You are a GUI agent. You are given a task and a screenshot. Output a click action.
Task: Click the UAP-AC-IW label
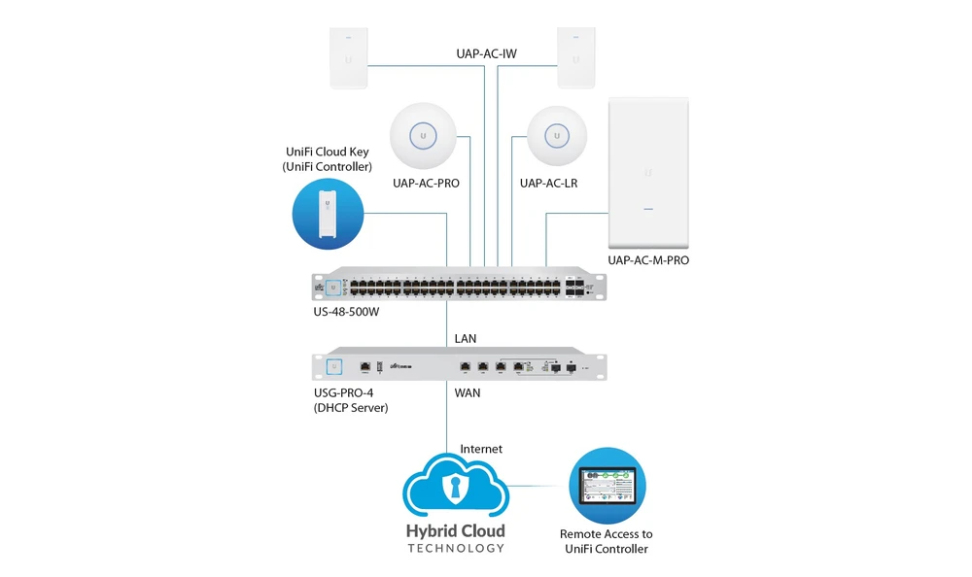[487, 54]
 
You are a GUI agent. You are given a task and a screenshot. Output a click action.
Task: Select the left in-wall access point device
[348, 57]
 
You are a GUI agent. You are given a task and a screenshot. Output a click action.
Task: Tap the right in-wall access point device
[575, 57]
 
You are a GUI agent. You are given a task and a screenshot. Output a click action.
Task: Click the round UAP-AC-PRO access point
[423, 136]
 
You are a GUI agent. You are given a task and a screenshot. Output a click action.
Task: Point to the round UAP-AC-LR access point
[557, 136]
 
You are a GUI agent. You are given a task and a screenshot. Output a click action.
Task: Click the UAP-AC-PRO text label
[426, 184]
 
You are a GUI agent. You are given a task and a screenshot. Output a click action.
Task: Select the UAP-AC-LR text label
[548, 184]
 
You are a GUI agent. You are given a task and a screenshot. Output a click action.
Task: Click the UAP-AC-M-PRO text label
[648, 260]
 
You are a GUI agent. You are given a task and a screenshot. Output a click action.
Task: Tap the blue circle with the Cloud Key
[328, 214]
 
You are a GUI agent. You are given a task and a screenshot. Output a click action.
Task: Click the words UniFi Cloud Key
[328, 152]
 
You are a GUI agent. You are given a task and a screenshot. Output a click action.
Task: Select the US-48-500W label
[346, 312]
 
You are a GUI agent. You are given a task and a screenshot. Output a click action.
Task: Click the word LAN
[466, 339]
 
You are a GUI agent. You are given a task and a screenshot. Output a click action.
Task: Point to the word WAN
[468, 393]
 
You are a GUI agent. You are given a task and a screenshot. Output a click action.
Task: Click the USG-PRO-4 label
[343, 393]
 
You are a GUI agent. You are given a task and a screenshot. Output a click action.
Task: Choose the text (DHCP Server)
[351, 408]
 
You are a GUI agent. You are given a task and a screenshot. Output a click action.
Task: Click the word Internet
[481, 450]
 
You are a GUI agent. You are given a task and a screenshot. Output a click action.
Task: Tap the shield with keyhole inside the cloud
[456, 487]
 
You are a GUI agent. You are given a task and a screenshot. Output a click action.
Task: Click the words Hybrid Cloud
[456, 531]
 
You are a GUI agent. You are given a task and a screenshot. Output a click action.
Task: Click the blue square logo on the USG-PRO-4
[334, 367]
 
